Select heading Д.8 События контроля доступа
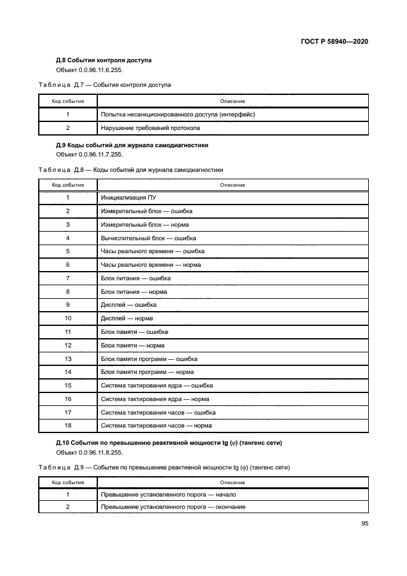click(103, 60)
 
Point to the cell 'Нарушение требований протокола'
click(150, 128)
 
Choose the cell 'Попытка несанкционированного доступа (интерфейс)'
click(177, 115)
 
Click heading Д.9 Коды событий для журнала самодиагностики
click(132, 145)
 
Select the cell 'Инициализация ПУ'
click(124, 198)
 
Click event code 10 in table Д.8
click(68, 318)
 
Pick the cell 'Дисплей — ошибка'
click(128, 305)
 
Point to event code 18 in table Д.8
click(68, 426)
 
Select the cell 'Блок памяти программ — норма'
click(147, 372)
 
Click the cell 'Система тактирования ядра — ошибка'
click(156, 386)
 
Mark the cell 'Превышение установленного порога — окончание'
click(173, 507)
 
